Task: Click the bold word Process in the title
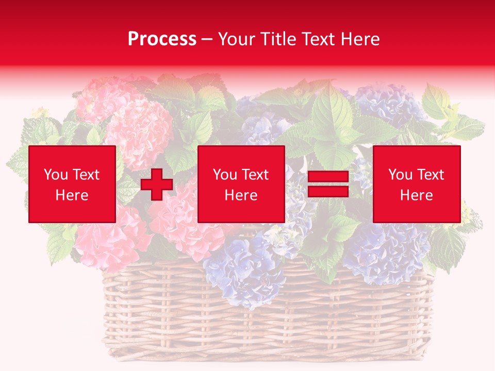[162, 39]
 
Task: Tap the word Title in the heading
[277, 39]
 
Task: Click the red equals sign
[328, 184]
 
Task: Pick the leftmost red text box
[72, 184]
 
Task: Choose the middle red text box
[241, 184]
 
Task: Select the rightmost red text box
[417, 184]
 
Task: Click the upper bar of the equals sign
[328, 177]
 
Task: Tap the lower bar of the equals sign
[328, 191]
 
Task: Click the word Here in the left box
[72, 195]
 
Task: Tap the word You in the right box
[400, 175]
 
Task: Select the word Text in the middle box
[256, 175]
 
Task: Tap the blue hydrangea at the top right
[387, 103]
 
